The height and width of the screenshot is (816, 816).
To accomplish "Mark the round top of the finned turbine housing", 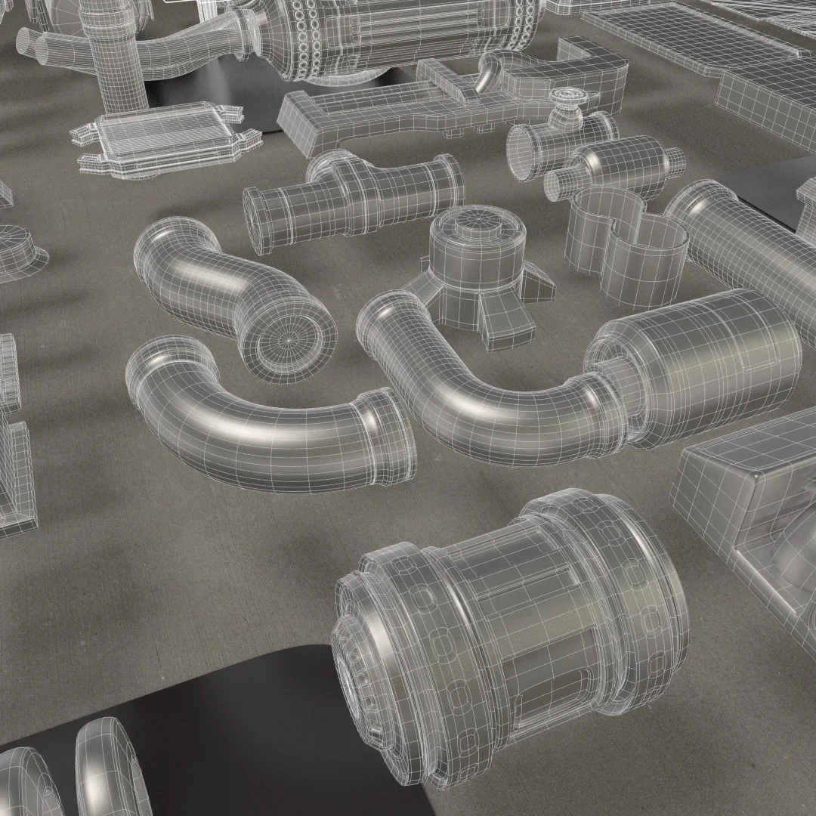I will (x=476, y=223).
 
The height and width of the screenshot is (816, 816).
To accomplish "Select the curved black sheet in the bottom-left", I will (x=249, y=725).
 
